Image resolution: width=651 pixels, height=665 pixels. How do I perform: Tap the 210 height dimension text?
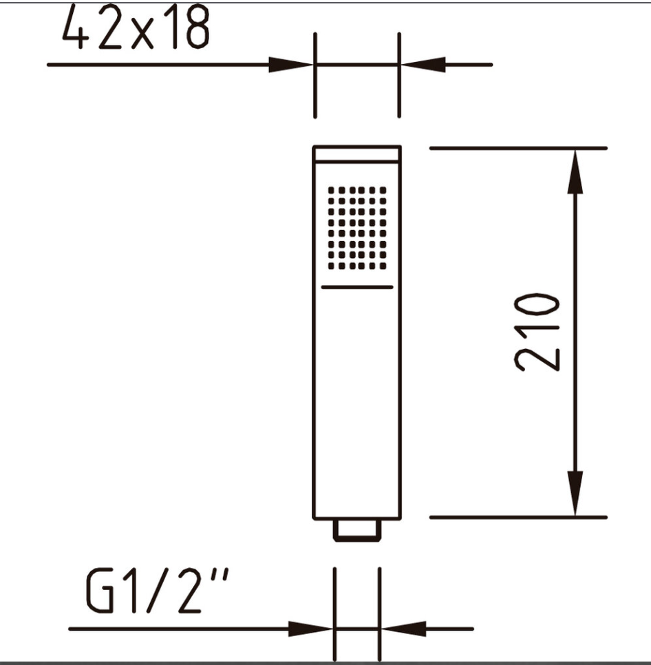(x=537, y=332)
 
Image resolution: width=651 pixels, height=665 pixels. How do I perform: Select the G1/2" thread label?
(x=157, y=591)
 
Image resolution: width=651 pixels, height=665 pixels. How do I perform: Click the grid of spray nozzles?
(x=357, y=228)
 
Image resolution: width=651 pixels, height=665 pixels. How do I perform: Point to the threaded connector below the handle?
(x=357, y=531)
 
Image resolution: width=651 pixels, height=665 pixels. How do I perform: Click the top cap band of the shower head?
(x=357, y=154)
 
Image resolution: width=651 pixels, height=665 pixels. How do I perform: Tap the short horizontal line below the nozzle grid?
(x=357, y=287)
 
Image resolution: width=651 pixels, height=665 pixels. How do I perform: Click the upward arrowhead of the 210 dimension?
(x=575, y=171)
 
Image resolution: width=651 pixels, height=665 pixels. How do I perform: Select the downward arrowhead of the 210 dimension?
(x=575, y=494)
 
